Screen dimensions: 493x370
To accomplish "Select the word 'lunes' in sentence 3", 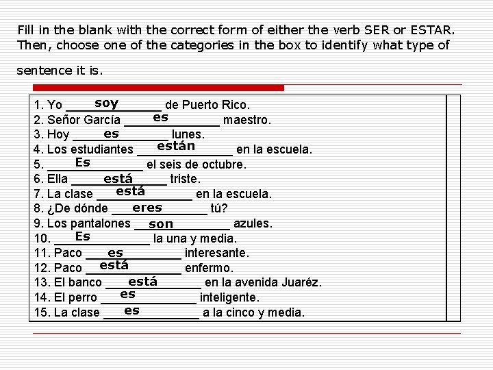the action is click(188, 135).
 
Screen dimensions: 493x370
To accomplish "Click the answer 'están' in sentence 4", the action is click(176, 146).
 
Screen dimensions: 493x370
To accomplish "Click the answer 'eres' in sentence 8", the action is click(147, 208).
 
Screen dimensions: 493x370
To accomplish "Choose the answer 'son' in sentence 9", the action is click(161, 224).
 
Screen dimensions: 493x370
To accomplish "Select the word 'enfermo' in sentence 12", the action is click(209, 268).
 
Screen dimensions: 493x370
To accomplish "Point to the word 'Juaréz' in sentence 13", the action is click(301, 283).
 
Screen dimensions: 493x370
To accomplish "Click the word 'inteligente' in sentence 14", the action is click(229, 298).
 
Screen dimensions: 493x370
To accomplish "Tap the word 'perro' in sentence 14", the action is click(83, 298).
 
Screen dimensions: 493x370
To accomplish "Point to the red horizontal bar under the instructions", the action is click(162, 88).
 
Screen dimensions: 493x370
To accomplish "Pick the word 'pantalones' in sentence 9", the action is click(103, 223).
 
